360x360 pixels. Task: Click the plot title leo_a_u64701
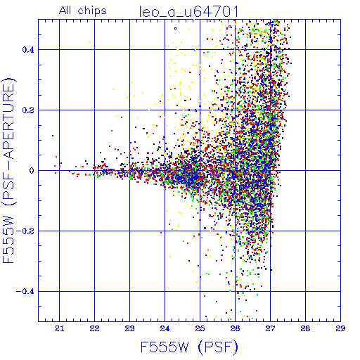click(x=189, y=12)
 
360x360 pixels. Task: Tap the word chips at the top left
click(x=92, y=11)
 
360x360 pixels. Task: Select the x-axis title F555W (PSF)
click(x=189, y=347)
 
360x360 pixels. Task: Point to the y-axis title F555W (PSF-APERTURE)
click(x=8, y=170)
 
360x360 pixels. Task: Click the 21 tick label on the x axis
click(x=60, y=328)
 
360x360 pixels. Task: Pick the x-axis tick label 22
click(x=94, y=328)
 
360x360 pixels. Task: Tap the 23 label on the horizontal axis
click(x=129, y=328)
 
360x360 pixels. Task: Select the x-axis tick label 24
click(x=165, y=328)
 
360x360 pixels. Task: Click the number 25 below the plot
click(x=200, y=328)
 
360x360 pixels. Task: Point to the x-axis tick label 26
click(x=235, y=328)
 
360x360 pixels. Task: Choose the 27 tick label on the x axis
click(x=270, y=328)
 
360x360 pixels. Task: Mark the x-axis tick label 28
click(x=305, y=328)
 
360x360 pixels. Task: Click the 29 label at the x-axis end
click(x=340, y=328)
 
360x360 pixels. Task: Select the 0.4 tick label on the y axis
click(x=28, y=50)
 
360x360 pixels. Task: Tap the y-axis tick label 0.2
click(x=28, y=110)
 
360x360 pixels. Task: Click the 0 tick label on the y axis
click(x=32, y=171)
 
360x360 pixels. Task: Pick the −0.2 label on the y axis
click(x=25, y=231)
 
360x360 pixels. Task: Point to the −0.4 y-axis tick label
click(x=25, y=292)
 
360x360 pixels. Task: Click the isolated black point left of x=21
click(x=53, y=136)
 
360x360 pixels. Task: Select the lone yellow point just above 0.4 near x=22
click(x=90, y=42)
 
